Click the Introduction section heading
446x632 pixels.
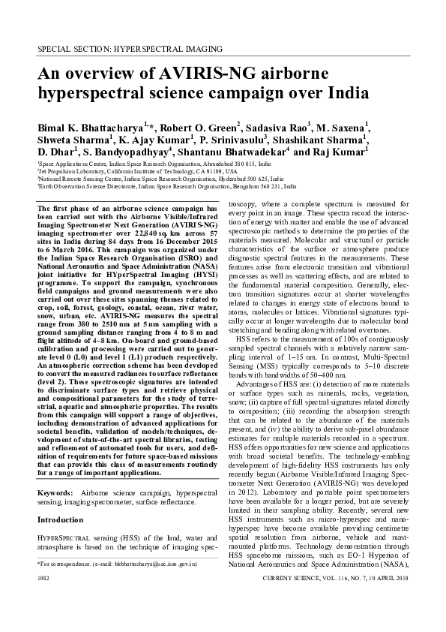click(x=61, y=519)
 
